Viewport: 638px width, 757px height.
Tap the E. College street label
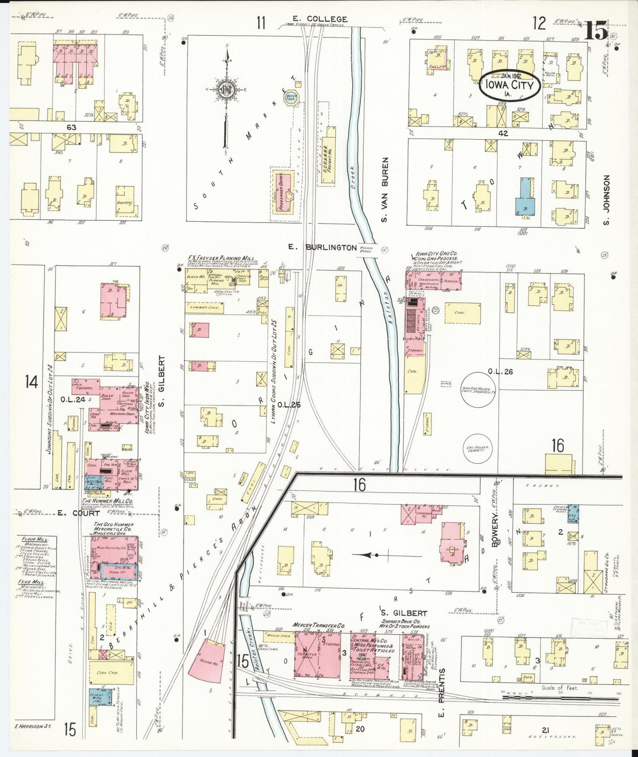click(320, 19)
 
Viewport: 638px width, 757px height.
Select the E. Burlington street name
click(323, 247)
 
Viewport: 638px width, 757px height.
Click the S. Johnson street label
click(606, 200)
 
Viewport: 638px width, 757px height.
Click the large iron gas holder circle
click(478, 389)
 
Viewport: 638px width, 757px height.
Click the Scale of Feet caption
click(559, 688)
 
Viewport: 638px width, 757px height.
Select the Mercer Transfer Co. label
click(313, 625)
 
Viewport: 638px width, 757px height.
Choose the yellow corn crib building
click(111, 673)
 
